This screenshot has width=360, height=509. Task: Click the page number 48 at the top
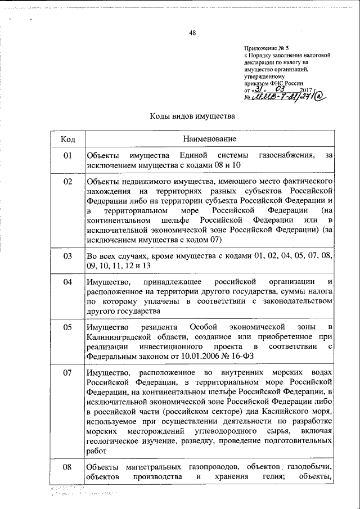[192, 33]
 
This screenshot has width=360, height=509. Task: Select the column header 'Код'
[67, 138]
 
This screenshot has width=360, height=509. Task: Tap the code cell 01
[67, 155]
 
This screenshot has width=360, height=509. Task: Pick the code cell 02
[67, 182]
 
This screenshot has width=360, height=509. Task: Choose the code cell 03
[67, 256]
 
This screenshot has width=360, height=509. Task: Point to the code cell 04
[67, 281]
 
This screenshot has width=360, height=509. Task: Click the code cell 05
[67, 327]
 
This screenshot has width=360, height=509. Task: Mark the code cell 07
[67, 373]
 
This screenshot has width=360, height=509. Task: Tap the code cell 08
[67, 467]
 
